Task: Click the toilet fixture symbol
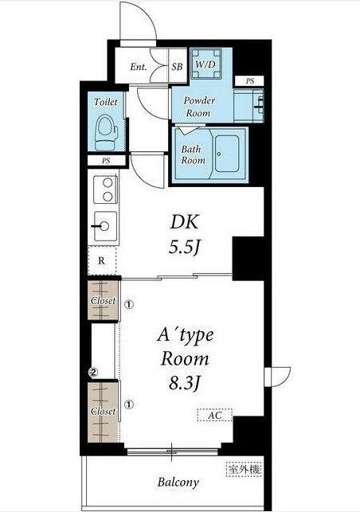click(x=106, y=132)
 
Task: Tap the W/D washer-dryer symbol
click(x=205, y=64)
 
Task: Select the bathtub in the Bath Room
click(x=227, y=153)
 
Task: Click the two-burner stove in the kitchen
click(x=105, y=190)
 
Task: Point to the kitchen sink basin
click(x=105, y=226)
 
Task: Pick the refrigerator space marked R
click(x=102, y=260)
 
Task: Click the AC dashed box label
click(x=214, y=416)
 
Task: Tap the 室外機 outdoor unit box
click(x=244, y=469)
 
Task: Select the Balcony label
click(x=178, y=483)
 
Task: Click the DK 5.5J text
click(x=184, y=234)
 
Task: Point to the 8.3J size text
click(x=184, y=383)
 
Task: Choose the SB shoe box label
click(x=177, y=67)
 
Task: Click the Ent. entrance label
click(x=138, y=67)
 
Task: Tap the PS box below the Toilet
click(x=106, y=161)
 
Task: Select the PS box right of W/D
click(x=249, y=80)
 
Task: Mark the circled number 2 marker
click(x=93, y=372)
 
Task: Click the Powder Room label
click(x=198, y=107)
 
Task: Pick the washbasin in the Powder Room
click(x=249, y=106)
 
